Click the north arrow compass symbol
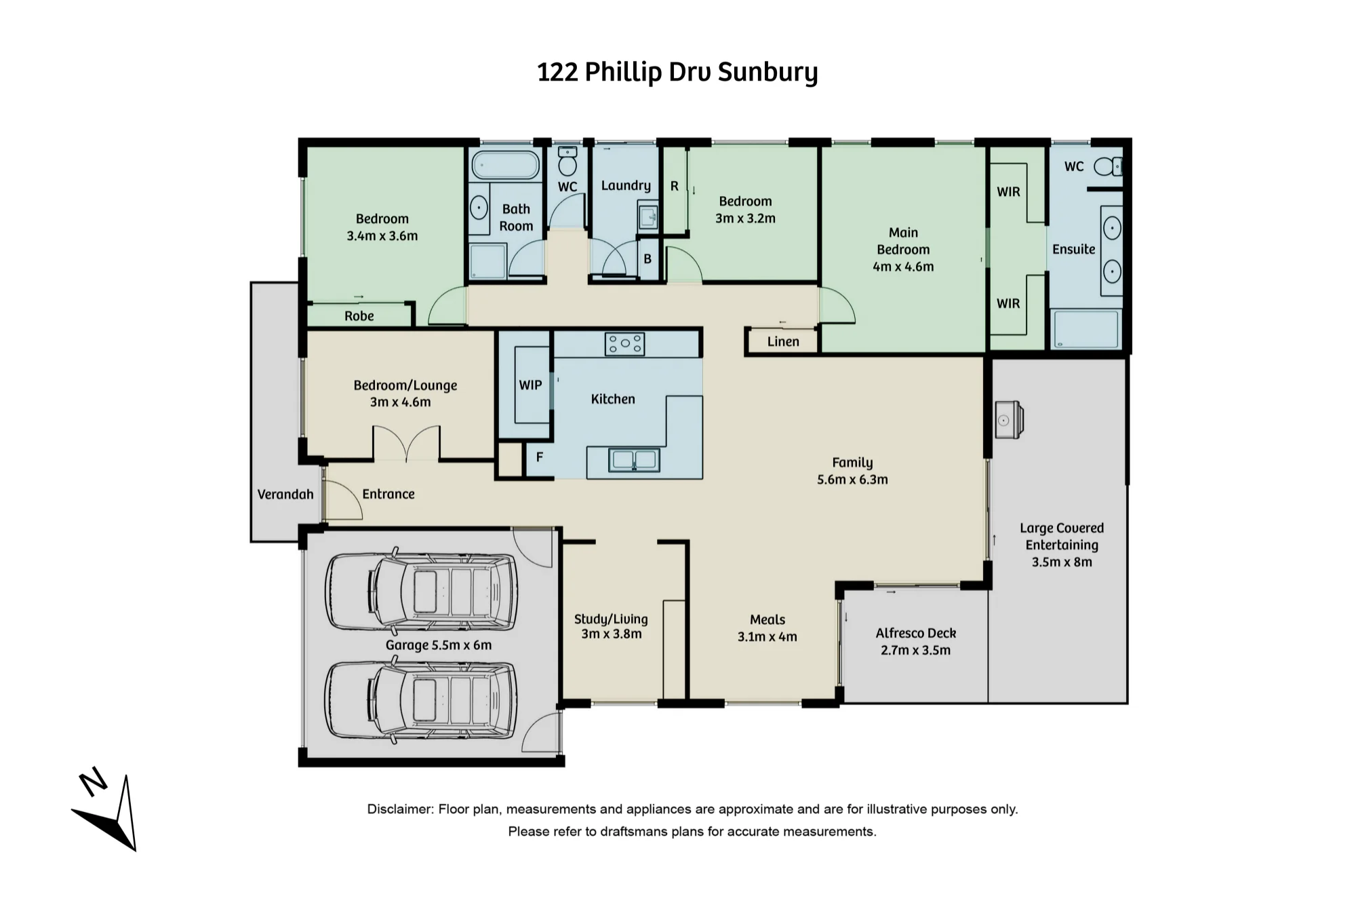[x=108, y=814]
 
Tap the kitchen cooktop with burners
[x=624, y=344]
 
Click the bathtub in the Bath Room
[x=505, y=165]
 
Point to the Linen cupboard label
[x=783, y=341]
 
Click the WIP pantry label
[x=530, y=385]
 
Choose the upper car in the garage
[x=421, y=592]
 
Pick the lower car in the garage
[x=421, y=700]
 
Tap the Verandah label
[x=285, y=495]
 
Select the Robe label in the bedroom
[x=359, y=316]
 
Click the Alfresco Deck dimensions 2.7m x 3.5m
[x=916, y=650]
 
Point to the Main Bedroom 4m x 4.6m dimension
[x=903, y=267]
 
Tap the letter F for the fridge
[x=540, y=457]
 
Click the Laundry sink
[x=648, y=215]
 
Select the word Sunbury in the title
[x=767, y=73]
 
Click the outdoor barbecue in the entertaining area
[x=1009, y=420]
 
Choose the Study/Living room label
[x=611, y=626]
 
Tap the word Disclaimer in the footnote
[x=400, y=809]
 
